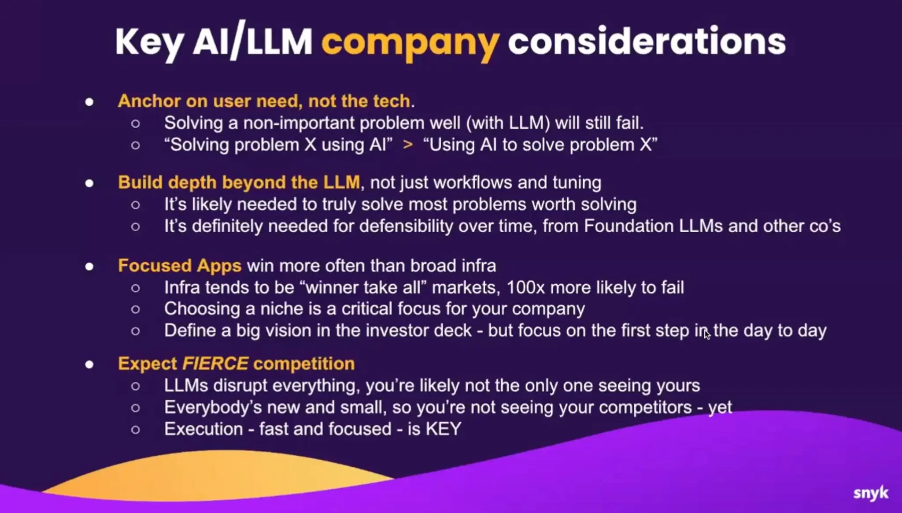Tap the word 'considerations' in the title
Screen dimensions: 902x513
coord(647,41)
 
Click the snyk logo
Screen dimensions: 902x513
coord(871,493)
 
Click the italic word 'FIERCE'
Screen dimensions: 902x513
coord(215,364)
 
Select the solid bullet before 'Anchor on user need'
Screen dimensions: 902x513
coord(89,102)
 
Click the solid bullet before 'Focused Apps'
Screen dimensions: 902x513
coord(89,266)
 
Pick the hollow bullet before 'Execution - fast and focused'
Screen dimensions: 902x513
coord(136,429)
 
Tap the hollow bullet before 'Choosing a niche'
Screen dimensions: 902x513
coord(136,309)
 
